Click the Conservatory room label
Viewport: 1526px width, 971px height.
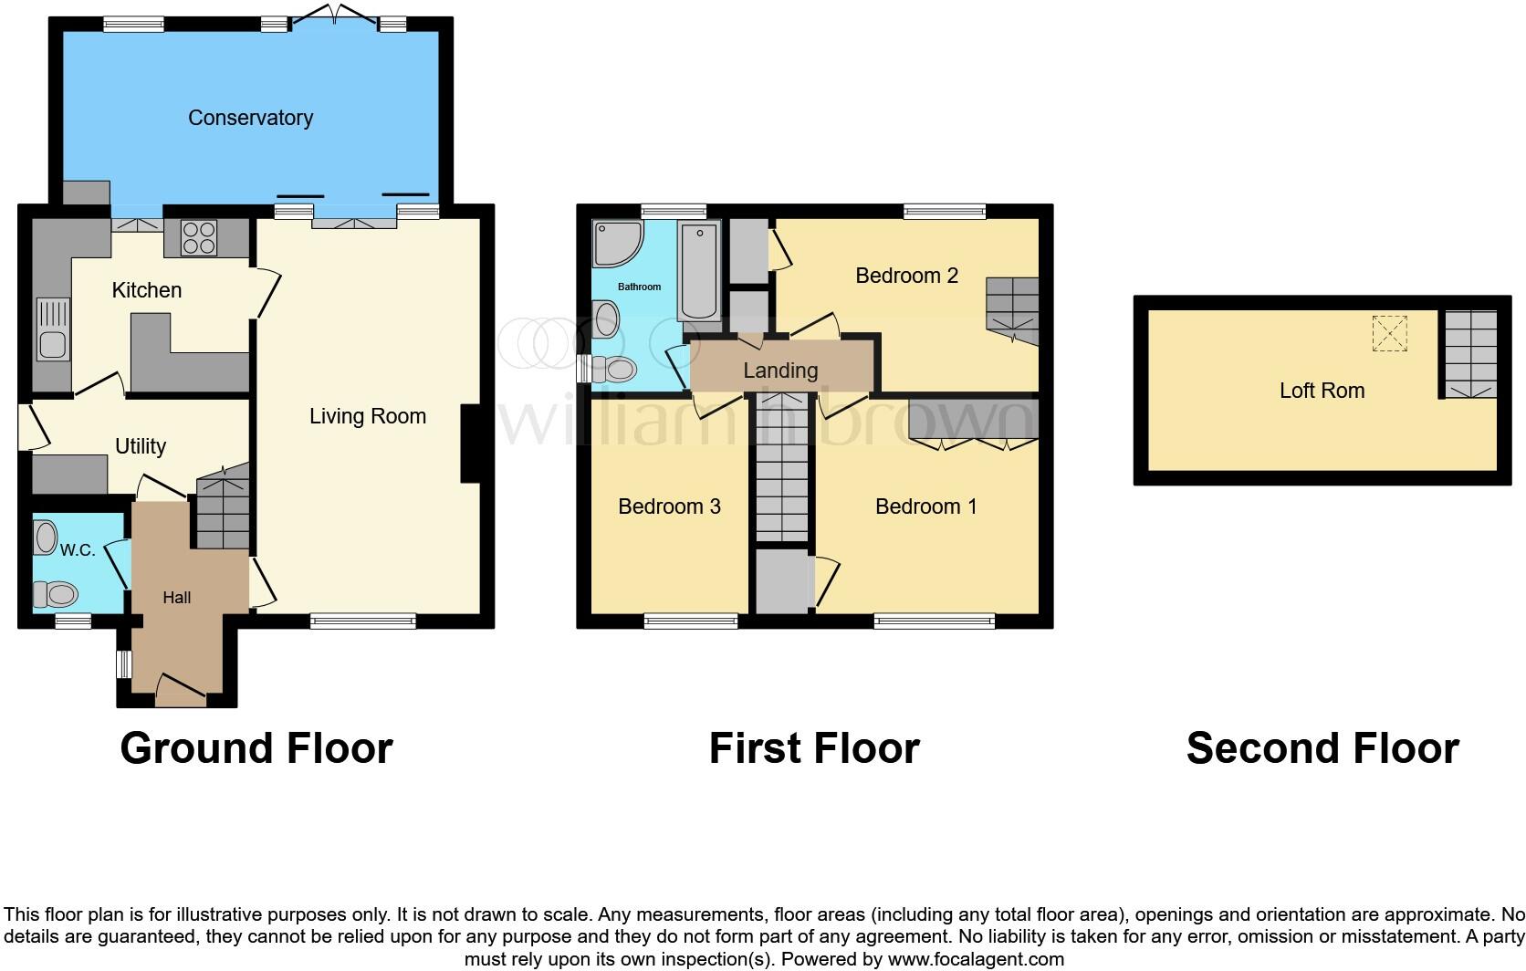pos(250,118)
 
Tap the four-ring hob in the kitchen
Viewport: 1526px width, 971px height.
pos(199,238)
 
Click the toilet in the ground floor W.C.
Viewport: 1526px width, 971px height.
pos(56,595)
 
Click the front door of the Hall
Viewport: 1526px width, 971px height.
pos(181,691)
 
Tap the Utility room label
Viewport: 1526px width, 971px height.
pos(141,446)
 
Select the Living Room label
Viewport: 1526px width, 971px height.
pos(367,416)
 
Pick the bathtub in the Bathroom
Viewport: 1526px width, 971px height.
pos(700,273)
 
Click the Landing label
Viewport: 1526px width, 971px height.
pos(780,371)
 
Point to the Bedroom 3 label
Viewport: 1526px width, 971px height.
pos(669,506)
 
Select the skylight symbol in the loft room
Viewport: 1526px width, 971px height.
pos(1390,333)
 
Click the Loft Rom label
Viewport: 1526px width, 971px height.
pos(1322,391)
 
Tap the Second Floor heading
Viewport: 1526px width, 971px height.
pos(1322,748)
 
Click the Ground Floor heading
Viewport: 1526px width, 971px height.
pos(256,748)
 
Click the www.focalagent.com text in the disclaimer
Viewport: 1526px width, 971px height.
pos(976,959)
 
